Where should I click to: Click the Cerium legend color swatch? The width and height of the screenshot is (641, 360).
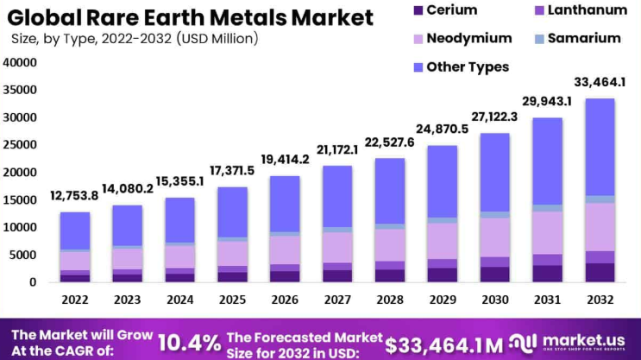point(419,10)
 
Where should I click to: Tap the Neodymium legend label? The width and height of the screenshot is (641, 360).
point(468,38)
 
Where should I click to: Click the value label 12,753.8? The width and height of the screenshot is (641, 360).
point(74,195)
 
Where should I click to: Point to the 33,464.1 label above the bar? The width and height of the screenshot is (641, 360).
point(600,82)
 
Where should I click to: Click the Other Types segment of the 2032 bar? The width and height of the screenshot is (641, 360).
point(601,147)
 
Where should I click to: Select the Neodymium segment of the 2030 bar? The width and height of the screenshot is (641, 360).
point(496,237)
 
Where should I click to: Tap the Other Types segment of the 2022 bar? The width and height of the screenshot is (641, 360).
point(74,231)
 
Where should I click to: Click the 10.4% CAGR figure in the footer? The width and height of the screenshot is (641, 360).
point(189,342)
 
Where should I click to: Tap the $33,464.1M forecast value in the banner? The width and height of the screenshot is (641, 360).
point(444,344)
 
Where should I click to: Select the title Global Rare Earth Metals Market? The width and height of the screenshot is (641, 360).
point(192,17)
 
